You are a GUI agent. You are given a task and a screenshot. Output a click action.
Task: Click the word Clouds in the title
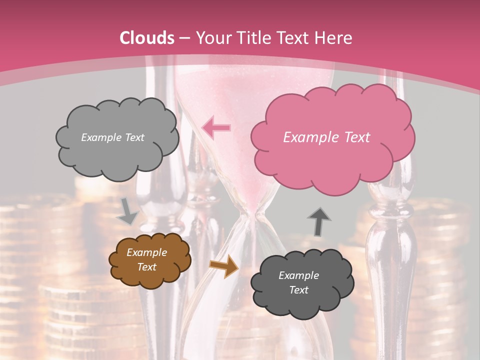click(x=147, y=38)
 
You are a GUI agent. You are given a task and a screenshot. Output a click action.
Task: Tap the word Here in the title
click(x=334, y=38)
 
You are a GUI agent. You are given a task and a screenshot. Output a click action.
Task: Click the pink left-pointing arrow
click(x=216, y=127)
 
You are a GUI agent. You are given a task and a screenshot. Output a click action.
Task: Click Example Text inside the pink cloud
click(x=326, y=137)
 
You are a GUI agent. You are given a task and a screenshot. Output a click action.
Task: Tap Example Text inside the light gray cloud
click(x=112, y=137)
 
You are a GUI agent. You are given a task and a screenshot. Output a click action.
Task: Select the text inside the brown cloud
click(x=146, y=260)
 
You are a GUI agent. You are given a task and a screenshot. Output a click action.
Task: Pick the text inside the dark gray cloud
click(x=298, y=282)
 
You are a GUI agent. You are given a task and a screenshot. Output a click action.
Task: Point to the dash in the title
click(x=184, y=38)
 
